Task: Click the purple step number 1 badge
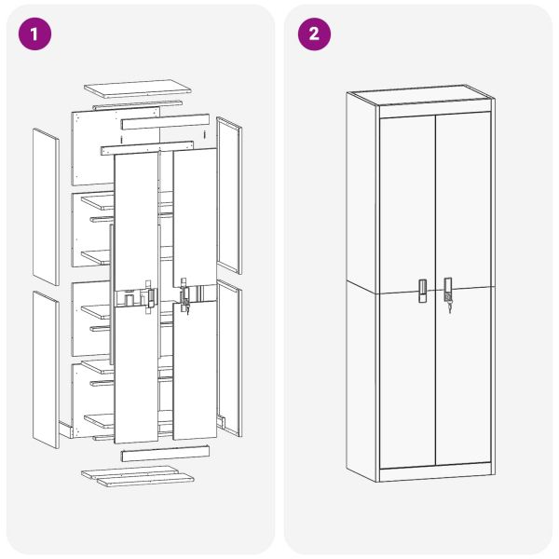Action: tap(34, 34)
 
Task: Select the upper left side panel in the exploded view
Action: tap(46, 206)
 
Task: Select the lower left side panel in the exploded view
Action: tap(46, 368)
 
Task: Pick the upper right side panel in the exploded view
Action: tap(229, 194)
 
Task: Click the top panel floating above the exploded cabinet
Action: tap(138, 89)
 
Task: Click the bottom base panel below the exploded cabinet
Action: tap(138, 475)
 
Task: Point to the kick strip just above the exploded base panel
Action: tap(164, 454)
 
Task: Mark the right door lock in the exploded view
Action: tap(184, 296)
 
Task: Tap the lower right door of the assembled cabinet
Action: tap(463, 382)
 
